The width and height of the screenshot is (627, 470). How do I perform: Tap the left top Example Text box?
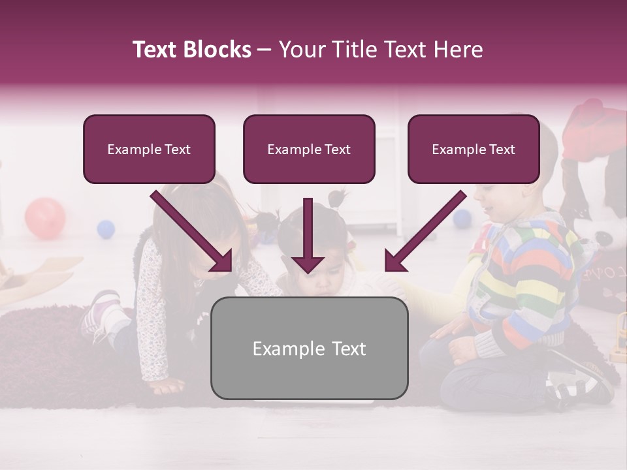[x=149, y=149]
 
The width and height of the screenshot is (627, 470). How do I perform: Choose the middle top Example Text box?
[x=309, y=149]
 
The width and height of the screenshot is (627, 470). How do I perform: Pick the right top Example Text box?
[x=474, y=149]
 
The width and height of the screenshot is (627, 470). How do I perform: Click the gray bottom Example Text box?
[x=309, y=349]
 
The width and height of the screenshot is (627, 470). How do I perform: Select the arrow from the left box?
[x=193, y=232]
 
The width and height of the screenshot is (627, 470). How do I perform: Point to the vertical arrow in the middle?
[x=308, y=235]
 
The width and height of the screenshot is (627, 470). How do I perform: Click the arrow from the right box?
[x=425, y=232]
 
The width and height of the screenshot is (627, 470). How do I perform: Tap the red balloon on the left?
[x=45, y=219]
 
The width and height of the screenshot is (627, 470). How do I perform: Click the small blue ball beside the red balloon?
[x=106, y=229]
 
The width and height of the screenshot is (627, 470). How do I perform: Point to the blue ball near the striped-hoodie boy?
[x=462, y=218]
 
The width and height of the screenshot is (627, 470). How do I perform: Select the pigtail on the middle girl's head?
[x=338, y=196]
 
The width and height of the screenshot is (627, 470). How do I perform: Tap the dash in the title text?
[x=265, y=50]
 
